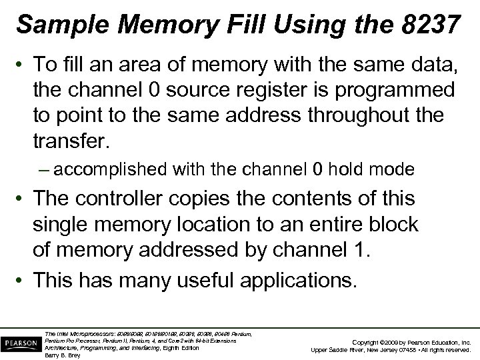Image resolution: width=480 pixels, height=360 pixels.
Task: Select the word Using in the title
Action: click(312, 25)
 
